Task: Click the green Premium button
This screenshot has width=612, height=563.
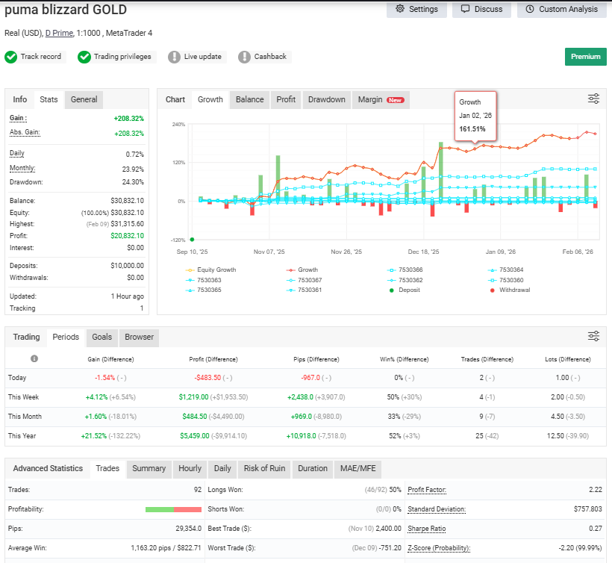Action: coord(585,57)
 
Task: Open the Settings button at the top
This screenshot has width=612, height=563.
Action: coord(416,10)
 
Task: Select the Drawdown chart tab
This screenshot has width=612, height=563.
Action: coord(327,99)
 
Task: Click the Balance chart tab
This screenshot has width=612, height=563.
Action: coord(249,99)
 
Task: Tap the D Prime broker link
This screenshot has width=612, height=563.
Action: coord(59,33)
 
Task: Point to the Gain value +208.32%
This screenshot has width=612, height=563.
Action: coord(129,118)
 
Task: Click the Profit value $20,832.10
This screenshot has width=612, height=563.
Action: coord(127,236)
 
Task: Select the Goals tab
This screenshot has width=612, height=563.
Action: coord(102,337)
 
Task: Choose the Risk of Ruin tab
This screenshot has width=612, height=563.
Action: coord(265,468)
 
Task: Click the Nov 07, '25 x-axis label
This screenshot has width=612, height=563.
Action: coord(269,252)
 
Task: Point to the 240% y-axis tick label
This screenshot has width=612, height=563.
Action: coord(179,125)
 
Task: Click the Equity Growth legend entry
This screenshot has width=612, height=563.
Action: coord(210,270)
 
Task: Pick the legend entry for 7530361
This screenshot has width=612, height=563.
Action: coord(304,290)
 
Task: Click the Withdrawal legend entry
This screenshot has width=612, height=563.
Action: coord(510,290)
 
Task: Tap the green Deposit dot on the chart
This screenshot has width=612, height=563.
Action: coord(192,240)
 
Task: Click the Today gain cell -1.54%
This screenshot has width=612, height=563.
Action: coord(105,378)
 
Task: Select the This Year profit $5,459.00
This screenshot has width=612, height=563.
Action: coord(194,436)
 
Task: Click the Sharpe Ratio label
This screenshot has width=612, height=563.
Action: coord(427,529)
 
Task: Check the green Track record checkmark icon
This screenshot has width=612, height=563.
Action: coord(11,57)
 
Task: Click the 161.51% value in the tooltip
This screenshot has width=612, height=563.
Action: coord(472,129)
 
